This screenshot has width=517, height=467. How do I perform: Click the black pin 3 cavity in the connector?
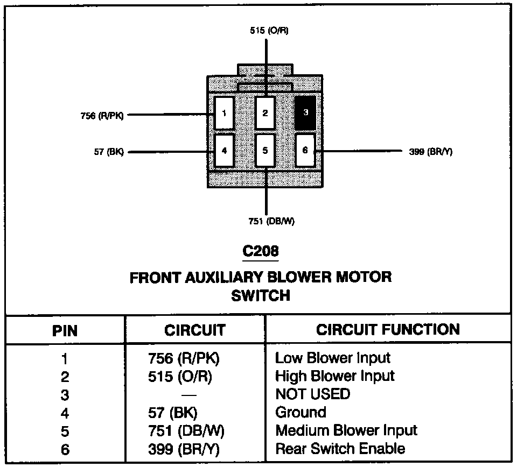[305, 113]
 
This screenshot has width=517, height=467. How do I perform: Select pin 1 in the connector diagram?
[223, 113]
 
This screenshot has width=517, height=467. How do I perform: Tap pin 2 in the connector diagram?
[265, 113]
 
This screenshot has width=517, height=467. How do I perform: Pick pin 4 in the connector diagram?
[223, 150]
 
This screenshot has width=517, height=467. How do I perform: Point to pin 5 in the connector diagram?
[265, 150]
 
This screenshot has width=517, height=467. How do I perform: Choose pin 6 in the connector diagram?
[305, 150]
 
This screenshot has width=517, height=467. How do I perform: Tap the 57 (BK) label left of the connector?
[108, 152]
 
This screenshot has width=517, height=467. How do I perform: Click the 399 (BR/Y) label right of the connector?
[431, 152]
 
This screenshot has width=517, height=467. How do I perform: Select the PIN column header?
[65, 329]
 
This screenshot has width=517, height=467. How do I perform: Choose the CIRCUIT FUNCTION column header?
[388, 329]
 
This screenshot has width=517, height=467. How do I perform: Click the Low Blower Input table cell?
[332, 358]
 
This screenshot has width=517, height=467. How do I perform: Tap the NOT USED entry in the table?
[312, 394]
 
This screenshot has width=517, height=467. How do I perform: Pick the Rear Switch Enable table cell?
[340, 448]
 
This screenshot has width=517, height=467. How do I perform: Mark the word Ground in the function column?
[301, 412]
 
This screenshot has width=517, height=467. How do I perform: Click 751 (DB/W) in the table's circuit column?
[186, 430]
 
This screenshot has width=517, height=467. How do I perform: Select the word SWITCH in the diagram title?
[261, 295]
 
